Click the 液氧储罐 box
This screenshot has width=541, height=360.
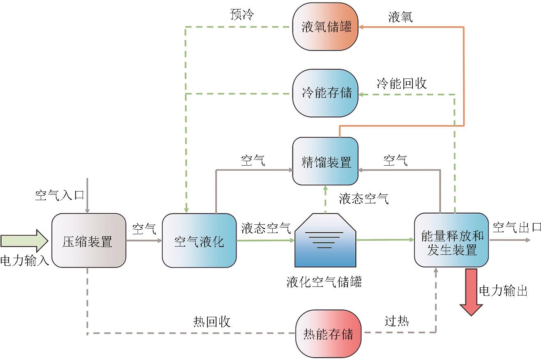pos(325,27)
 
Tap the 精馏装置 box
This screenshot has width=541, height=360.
pos(325,161)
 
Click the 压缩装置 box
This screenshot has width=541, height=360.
pos(88,240)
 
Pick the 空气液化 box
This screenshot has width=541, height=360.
pos(199,240)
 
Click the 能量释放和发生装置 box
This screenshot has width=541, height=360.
pos(451,240)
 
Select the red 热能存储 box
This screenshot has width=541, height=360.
pos(328,333)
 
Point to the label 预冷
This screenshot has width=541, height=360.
pos(242,15)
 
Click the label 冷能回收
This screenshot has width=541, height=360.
pos(401,83)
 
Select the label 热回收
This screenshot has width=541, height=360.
pos(212,322)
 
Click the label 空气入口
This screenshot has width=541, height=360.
pos(60,195)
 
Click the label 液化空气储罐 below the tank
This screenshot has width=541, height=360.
pos(324,283)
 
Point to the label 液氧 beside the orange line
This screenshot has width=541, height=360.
pos(401,17)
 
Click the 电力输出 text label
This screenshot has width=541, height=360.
pos(503,291)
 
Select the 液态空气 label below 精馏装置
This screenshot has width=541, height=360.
pos(364,199)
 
